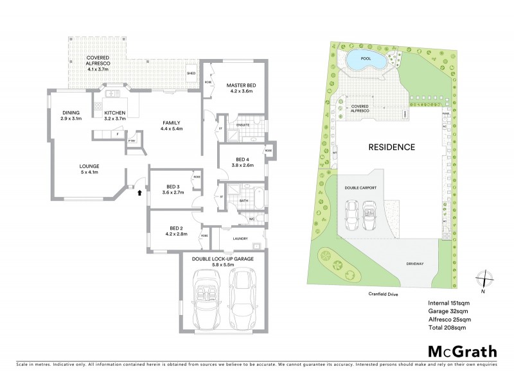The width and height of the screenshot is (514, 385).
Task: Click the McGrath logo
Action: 461,351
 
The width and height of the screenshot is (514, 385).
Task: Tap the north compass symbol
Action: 486,280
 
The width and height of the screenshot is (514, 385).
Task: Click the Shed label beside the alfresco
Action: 191,74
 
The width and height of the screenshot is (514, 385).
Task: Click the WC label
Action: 252,219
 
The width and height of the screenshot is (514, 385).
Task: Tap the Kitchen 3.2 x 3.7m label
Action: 116,116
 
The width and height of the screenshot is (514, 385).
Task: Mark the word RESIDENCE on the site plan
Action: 391,147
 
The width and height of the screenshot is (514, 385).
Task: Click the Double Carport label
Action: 361,188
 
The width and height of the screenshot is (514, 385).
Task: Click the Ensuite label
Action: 242,124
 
